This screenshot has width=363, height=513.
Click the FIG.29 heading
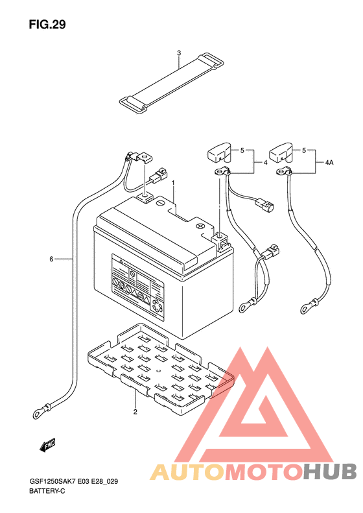point(47,25)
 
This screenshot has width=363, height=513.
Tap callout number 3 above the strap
point(179,53)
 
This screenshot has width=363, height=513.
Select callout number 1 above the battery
point(173,182)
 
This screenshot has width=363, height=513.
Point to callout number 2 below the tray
point(135,412)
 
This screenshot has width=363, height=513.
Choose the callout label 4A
point(329,162)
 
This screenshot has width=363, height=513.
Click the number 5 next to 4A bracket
point(304,150)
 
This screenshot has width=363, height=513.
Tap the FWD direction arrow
point(47,445)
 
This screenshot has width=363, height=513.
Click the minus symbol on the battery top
point(159,203)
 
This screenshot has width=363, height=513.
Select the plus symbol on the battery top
point(200,226)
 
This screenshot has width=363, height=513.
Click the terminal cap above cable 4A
point(281,152)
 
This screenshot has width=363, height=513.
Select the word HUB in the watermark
point(329,471)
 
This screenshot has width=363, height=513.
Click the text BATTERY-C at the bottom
point(47,491)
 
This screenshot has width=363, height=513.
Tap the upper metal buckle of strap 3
point(211,60)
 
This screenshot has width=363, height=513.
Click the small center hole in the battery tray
point(158,371)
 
